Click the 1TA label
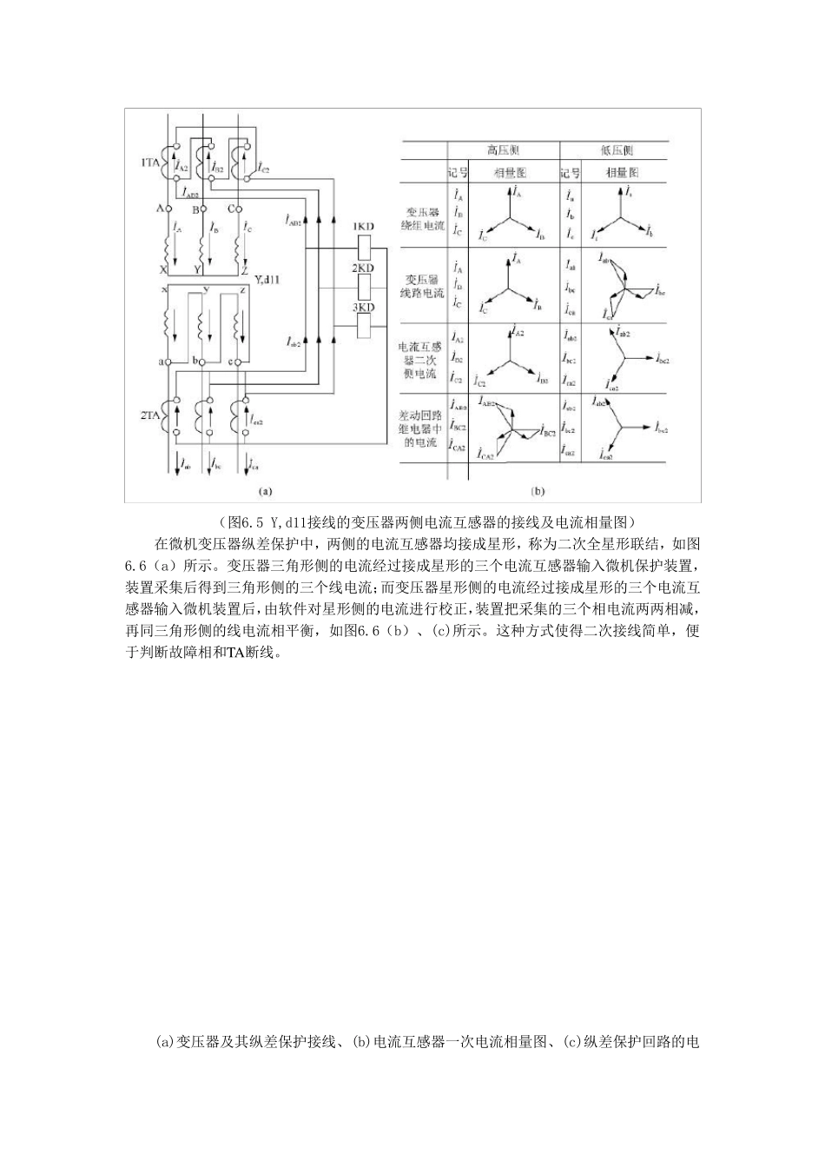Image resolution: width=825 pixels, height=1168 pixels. tap(150, 162)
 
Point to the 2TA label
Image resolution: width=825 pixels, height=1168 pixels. tap(150, 416)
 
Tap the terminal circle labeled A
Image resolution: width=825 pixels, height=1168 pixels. tap(170, 209)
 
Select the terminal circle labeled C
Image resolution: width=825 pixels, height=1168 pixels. tap(241, 209)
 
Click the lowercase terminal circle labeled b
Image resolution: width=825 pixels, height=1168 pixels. tap(207, 360)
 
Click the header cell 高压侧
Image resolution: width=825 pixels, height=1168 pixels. tap(504, 149)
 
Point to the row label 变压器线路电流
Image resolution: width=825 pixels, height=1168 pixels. tap(425, 286)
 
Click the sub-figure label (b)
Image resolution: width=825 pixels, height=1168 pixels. tap(538, 491)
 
